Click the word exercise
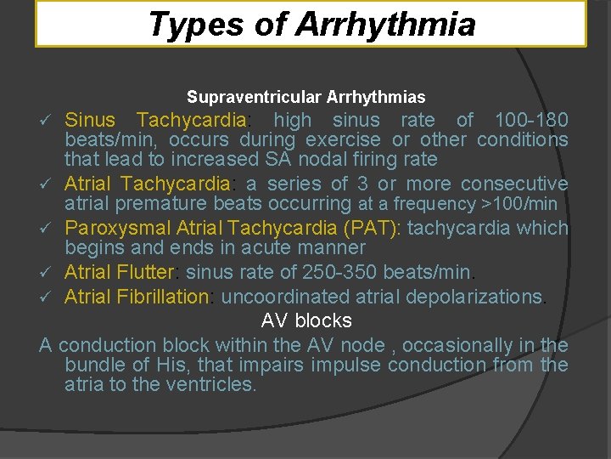(x=344, y=139)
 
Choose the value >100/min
(x=519, y=203)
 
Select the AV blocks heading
(x=305, y=320)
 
